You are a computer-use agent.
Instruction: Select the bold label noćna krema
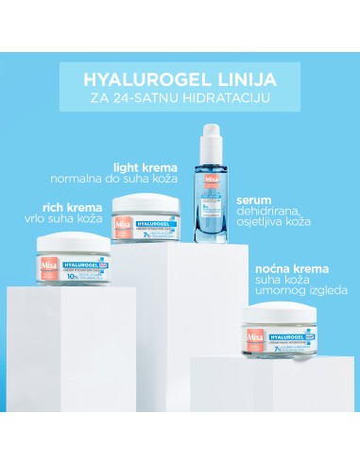tap(289, 267)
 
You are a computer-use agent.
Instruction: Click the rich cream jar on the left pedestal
tap(76, 257)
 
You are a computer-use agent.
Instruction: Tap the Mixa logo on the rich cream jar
tap(47, 259)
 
